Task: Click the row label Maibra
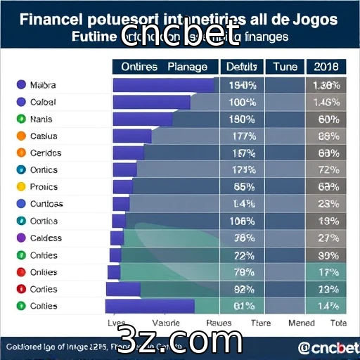[x=43, y=85]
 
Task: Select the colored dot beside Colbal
[x=20, y=102]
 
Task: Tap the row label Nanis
[x=41, y=119]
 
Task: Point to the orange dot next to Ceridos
[x=20, y=153]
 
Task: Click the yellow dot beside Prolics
[x=20, y=187]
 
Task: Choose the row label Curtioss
[x=46, y=204]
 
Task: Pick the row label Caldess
[x=46, y=238]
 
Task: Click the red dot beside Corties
[x=20, y=289]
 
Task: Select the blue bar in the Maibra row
[x=163, y=85]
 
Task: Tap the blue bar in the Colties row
[x=150, y=306]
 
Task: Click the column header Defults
[x=243, y=67]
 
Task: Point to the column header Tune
[x=285, y=67]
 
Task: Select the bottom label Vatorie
[x=167, y=323]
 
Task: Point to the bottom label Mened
[x=302, y=323]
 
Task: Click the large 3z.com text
[x=181, y=340]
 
